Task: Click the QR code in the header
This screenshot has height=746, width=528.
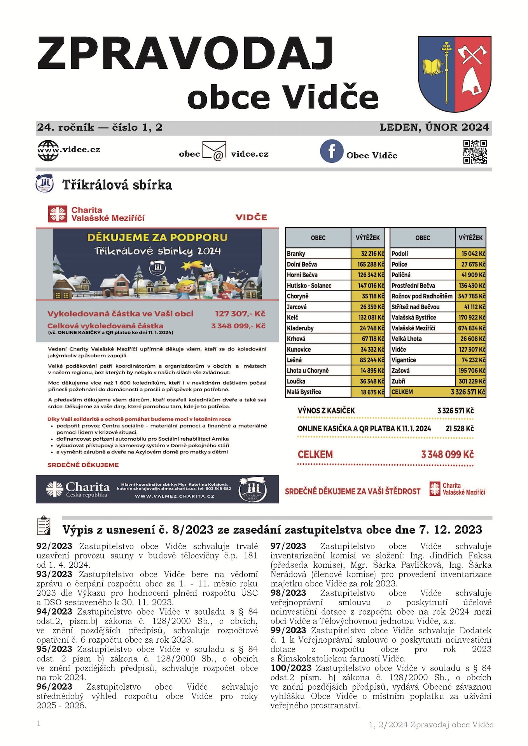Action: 475,152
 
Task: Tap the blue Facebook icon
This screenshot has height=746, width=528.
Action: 331,151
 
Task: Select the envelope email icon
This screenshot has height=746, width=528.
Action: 214,152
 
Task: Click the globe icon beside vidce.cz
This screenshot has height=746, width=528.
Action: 48,151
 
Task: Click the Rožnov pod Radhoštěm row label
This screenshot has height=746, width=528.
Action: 422,296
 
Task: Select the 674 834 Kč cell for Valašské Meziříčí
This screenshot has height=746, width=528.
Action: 471,328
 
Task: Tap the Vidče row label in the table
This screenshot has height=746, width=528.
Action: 399,349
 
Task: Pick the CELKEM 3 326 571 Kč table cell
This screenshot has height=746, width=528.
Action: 438,392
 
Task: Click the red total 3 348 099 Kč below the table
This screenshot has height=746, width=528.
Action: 447,454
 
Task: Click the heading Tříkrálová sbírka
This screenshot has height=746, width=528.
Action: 117,185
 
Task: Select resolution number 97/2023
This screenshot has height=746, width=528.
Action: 288,546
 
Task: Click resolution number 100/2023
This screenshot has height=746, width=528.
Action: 291,668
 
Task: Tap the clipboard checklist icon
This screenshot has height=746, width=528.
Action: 44,526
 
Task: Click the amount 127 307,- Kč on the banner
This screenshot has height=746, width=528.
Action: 240,314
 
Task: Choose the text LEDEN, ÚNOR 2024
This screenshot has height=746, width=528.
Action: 434,127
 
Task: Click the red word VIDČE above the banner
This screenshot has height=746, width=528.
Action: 251,217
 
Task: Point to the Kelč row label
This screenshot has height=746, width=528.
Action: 293,317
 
